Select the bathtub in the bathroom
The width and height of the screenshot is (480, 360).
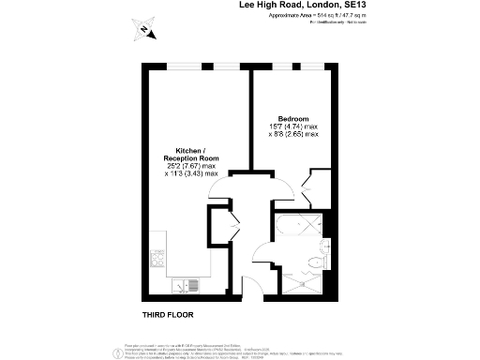pyautogui.click(x=297, y=226)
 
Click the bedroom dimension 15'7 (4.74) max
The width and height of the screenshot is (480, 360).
pyautogui.click(x=293, y=127)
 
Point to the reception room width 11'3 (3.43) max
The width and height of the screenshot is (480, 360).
pyautogui.click(x=191, y=174)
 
